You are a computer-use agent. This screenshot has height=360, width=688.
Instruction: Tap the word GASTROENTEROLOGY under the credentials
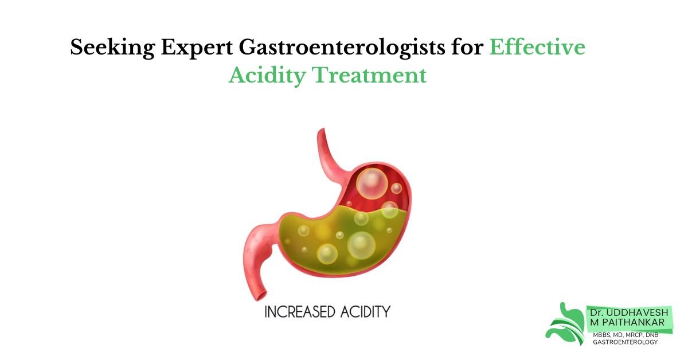coord(626,342)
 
